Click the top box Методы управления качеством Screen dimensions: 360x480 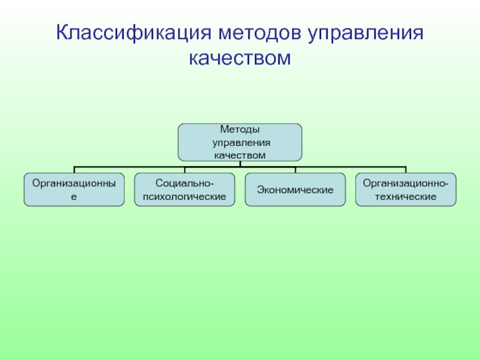tap(240, 142)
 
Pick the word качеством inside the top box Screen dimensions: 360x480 tap(239, 155)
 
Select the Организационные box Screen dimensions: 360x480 tap(74, 190)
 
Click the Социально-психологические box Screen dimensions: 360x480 tap(185, 190)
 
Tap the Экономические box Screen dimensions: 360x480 tap(295, 190)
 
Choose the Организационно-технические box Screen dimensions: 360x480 tap(406, 190)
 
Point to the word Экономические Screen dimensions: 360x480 tap(295, 190)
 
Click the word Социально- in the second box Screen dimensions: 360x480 tap(184, 183)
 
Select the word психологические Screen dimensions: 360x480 tap(184, 196)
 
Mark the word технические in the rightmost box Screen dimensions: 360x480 tap(405, 196)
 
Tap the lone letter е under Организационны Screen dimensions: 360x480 tap(74, 196)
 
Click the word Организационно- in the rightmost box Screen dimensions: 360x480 tap(405, 183)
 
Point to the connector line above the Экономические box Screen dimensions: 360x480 tap(295, 169)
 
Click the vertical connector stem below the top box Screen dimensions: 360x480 tap(240, 163)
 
